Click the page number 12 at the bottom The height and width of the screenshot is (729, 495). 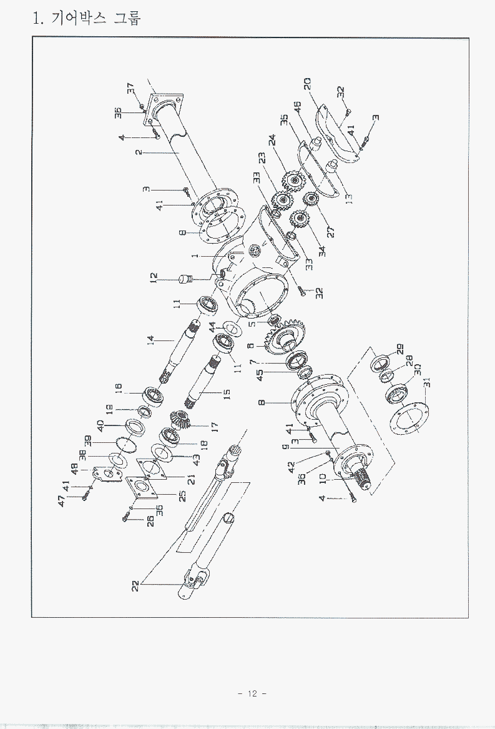[x=252, y=693]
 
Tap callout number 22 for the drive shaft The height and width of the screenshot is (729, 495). [x=137, y=585]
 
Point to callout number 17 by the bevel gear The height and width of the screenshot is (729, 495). [x=214, y=425]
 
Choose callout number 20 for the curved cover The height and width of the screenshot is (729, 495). [x=308, y=84]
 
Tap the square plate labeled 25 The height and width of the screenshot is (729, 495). [x=138, y=489]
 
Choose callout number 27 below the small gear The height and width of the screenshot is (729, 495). [x=331, y=232]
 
